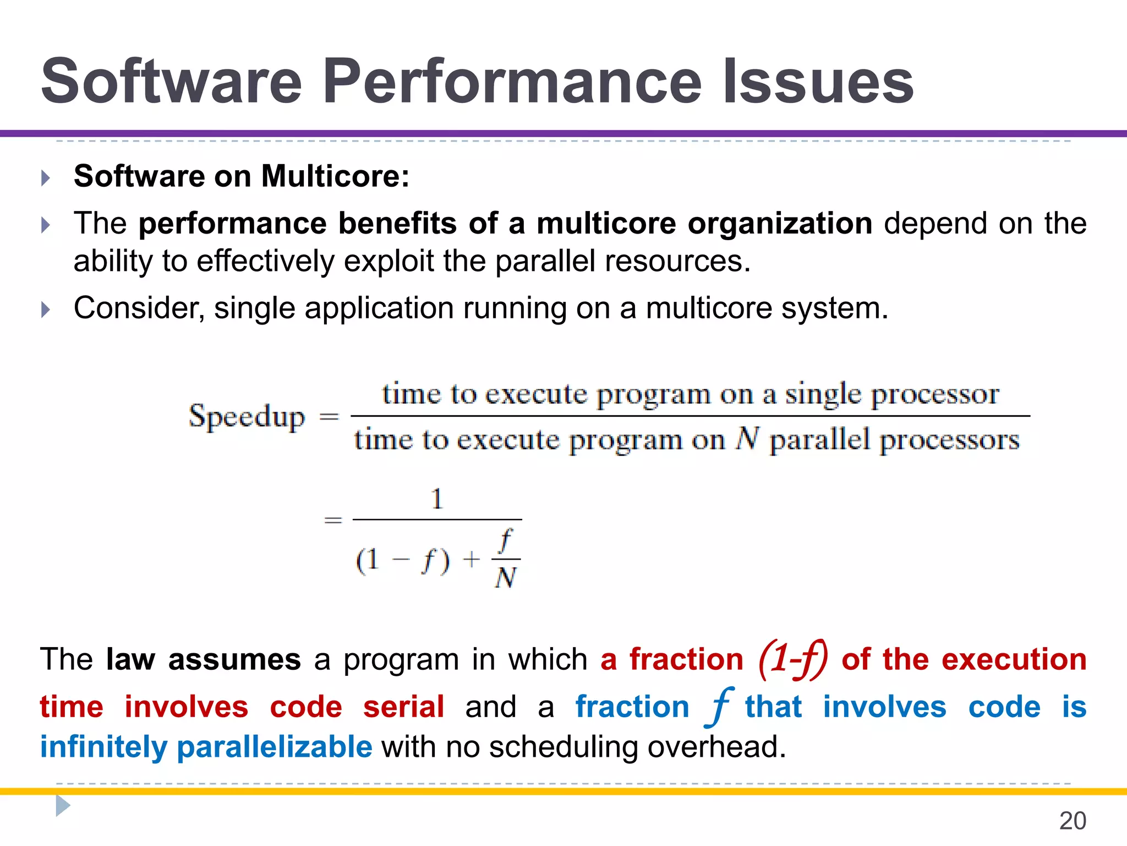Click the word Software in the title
tap(171, 82)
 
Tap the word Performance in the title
tap(512, 82)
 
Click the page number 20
tap(1073, 821)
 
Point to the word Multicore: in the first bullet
tap(335, 176)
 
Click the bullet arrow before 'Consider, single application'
tap(46, 310)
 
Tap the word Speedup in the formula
tap(247, 417)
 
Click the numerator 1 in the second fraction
tap(437, 499)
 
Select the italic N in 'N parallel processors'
tap(747, 439)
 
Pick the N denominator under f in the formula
tap(505, 578)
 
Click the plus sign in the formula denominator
tap(471, 560)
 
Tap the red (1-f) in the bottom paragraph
tap(792, 659)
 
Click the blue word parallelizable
tap(275, 747)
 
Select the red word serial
tap(403, 707)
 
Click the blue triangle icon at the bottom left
tap(63, 806)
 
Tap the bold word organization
tap(780, 224)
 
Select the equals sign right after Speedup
tap(329, 417)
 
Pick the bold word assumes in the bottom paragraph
tap(234, 659)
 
